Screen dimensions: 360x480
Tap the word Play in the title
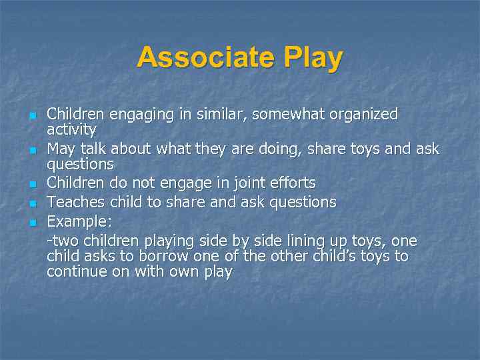point(313,58)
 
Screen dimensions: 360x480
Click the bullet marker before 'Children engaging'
point(32,116)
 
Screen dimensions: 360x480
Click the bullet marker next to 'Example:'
point(32,222)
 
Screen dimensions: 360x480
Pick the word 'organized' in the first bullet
point(366,115)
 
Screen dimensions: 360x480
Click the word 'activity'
point(71,129)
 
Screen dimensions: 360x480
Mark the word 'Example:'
point(79,221)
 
